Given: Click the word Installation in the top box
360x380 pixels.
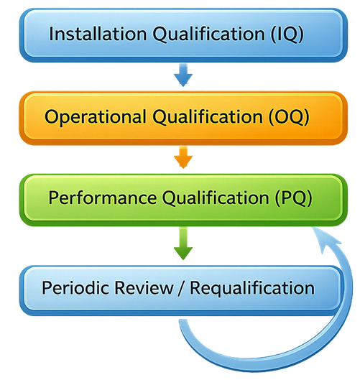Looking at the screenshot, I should (x=91, y=34).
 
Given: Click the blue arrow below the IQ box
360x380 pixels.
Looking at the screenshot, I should (x=183, y=72).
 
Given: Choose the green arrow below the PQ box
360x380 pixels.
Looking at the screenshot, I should (x=183, y=247).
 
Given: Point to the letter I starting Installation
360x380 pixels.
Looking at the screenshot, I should (x=52, y=34).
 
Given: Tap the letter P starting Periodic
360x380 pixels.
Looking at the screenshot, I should (x=47, y=288).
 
